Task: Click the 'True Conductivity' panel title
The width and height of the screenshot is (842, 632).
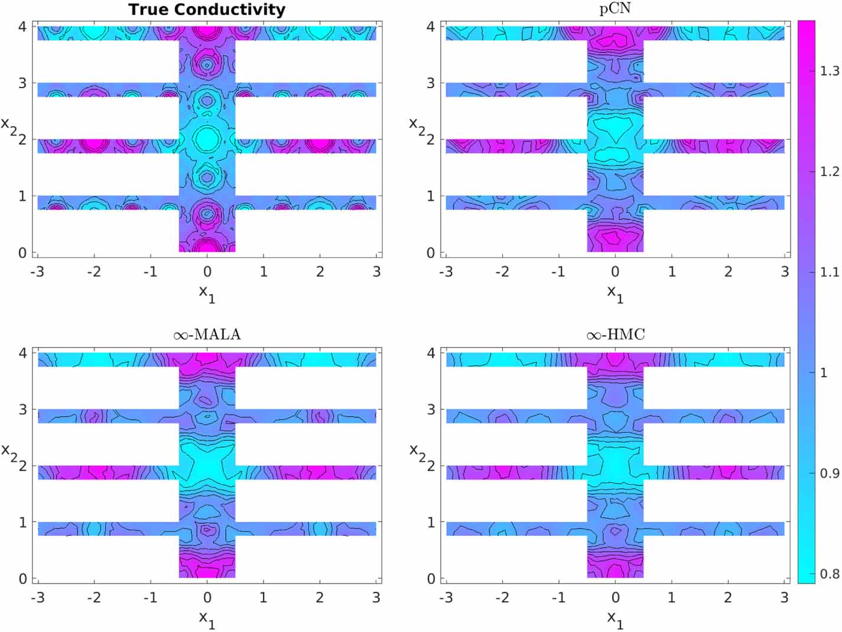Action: [207, 9]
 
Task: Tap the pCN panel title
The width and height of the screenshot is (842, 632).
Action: [615, 9]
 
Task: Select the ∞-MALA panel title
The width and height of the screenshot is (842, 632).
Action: [207, 335]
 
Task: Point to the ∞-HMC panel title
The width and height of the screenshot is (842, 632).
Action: [615, 335]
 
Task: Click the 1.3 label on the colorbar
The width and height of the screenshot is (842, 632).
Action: [830, 72]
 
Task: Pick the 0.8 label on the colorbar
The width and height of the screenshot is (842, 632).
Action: [830, 573]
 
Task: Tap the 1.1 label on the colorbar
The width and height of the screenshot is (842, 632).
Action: [830, 273]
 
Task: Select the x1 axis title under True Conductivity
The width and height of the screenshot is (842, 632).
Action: [207, 292]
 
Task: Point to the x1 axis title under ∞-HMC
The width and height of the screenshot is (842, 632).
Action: [615, 618]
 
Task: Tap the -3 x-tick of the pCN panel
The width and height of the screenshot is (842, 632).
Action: [446, 271]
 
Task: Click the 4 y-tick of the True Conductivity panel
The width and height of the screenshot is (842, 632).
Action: [22, 27]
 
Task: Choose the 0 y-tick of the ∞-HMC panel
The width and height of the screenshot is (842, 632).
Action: [431, 579]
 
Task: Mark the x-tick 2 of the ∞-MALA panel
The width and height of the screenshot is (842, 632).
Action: [320, 598]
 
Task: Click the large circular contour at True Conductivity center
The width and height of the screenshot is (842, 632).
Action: [207, 140]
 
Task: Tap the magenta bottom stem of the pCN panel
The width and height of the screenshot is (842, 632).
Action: [615, 236]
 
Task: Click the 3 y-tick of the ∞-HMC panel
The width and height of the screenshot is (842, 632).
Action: [431, 409]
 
